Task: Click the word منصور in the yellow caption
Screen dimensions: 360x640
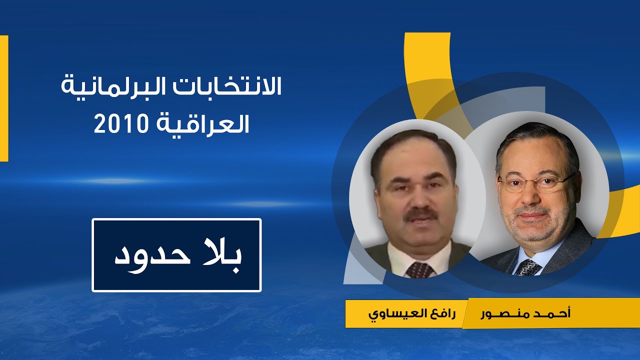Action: [500, 314]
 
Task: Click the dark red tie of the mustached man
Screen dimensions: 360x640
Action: [419, 270]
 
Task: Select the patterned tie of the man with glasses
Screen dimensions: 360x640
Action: [527, 268]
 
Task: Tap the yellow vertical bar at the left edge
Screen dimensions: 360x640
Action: [4, 98]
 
